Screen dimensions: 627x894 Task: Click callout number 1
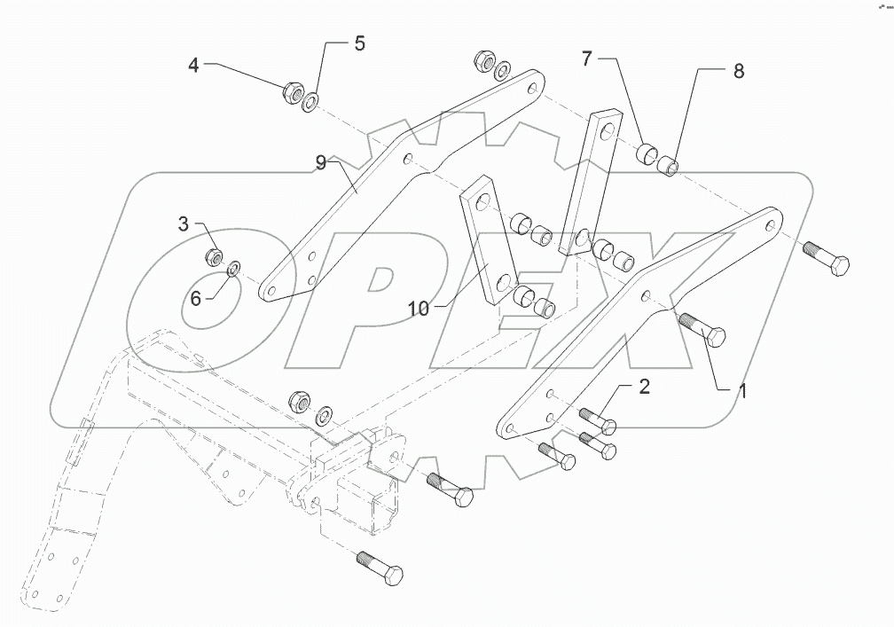[743, 391]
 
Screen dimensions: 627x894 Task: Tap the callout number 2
[645, 386]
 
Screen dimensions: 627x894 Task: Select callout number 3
[183, 224]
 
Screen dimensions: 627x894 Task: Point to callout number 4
[194, 64]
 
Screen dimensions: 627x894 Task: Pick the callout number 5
[359, 43]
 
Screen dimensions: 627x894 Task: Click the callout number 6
[195, 298]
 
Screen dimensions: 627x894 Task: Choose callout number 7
[587, 59]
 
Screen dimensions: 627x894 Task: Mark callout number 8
[738, 72]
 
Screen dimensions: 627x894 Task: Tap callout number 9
[321, 162]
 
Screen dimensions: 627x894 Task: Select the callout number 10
[419, 309]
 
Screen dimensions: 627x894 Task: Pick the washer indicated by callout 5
[310, 104]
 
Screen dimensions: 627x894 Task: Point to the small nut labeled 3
[214, 257]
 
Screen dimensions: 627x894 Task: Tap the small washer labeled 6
[233, 269]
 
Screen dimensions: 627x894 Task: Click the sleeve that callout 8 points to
[670, 165]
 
